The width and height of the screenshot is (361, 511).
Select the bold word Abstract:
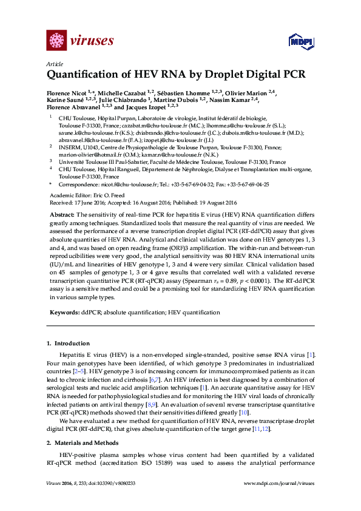pos(62,215)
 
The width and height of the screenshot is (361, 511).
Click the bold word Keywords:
pos(64,312)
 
